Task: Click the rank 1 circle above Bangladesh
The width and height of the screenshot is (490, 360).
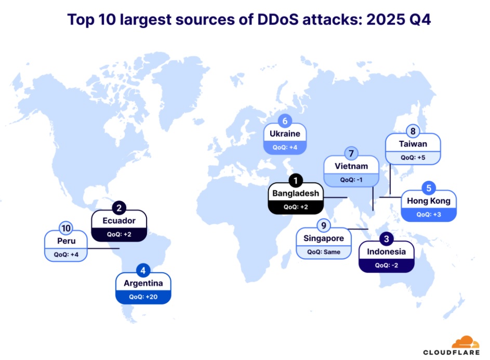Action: pyautogui.click(x=295, y=181)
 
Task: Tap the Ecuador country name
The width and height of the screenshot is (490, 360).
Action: pyautogui.click(x=119, y=220)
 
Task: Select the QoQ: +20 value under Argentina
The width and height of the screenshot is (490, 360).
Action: pyautogui.click(x=143, y=297)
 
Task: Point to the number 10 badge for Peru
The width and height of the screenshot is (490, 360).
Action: pyautogui.click(x=65, y=228)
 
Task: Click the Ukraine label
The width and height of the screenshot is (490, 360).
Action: pyautogui.click(x=285, y=134)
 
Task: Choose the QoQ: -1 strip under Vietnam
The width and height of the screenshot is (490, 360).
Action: pyautogui.click(x=351, y=179)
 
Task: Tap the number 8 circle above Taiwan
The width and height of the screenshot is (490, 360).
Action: pyautogui.click(x=413, y=131)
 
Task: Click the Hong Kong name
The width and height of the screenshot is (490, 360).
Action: pyautogui.click(x=429, y=201)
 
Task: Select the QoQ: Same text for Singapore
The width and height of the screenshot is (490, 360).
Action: pyautogui.click(x=323, y=251)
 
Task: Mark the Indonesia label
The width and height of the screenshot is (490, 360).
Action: pyautogui.click(x=386, y=252)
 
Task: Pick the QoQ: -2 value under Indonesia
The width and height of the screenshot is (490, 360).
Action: pyautogui.click(x=386, y=265)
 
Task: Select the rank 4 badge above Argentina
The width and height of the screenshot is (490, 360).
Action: pyautogui.click(x=143, y=271)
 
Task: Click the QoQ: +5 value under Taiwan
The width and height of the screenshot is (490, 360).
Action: pyautogui.click(x=413, y=156)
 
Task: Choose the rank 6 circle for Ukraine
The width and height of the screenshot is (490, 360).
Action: pyautogui.click(x=285, y=122)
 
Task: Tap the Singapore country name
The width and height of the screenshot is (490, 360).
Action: pyautogui.click(x=323, y=238)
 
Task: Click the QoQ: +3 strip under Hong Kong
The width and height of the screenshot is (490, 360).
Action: pyautogui.click(x=429, y=214)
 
